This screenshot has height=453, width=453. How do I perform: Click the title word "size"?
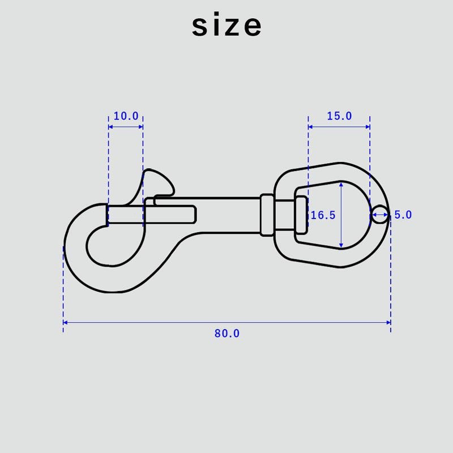[227, 24]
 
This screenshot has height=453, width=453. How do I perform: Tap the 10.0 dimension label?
[126, 116]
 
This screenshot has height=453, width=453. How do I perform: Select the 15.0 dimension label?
[339, 116]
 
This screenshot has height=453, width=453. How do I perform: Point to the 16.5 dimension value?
[323, 215]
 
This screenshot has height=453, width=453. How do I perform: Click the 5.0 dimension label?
[403, 215]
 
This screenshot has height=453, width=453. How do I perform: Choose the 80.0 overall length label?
[227, 334]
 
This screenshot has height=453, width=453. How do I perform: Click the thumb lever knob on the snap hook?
[159, 182]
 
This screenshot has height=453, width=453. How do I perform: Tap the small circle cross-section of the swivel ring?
[379, 215]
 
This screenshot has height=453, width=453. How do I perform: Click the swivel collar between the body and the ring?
[267, 215]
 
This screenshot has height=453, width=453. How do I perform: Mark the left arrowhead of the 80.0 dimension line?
[65, 322]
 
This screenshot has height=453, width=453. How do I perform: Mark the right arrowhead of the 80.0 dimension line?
[388, 322]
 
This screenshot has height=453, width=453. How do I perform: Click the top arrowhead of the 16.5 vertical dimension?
[341, 184]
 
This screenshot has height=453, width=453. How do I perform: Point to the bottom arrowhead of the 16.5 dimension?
[341, 246]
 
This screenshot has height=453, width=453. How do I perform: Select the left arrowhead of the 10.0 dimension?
[110, 127]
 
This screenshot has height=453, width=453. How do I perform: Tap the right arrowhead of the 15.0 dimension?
[367, 127]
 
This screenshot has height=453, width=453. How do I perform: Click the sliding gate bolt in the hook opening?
[126, 214]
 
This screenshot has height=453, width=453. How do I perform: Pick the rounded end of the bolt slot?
[194, 215]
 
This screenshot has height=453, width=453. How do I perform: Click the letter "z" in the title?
[228, 27]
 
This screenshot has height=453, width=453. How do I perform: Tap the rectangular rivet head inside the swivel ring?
[301, 215]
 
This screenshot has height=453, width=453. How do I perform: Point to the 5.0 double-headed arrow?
[380, 215]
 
